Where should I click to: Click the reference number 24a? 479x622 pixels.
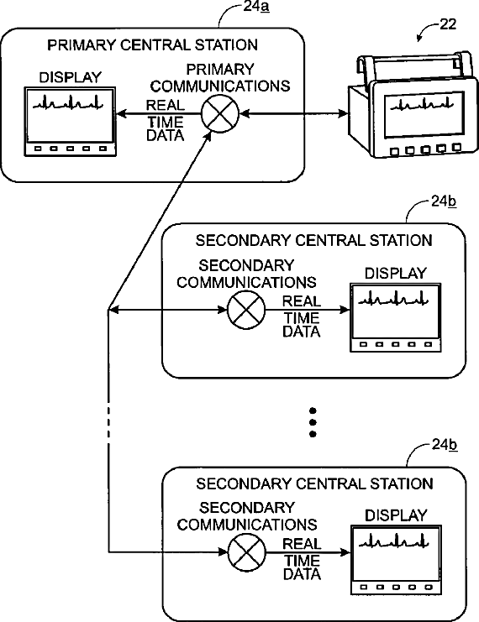[256, 7]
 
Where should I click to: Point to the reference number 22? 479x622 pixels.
[448, 24]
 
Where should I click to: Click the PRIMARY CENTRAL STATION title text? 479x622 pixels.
[152, 44]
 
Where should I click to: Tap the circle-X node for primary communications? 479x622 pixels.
[220, 114]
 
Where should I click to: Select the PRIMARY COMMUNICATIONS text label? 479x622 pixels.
[220, 78]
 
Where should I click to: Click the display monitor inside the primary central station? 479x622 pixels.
[71, 122]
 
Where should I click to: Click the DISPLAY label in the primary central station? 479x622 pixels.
[71, 77]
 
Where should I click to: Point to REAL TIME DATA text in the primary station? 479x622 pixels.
[166, 120]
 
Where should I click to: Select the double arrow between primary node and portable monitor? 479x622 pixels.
[294, 114]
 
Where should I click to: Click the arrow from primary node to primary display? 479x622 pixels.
[159, 114]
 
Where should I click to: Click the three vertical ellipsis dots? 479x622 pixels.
[313, 422]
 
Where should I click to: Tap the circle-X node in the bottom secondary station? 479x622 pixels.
[247, 552]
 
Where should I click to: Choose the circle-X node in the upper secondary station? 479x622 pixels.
[246, 310]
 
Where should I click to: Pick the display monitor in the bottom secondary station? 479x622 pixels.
[396, 560]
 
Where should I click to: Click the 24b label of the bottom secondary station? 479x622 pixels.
[444, 445]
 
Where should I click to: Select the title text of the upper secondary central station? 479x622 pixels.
[313, 240]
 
